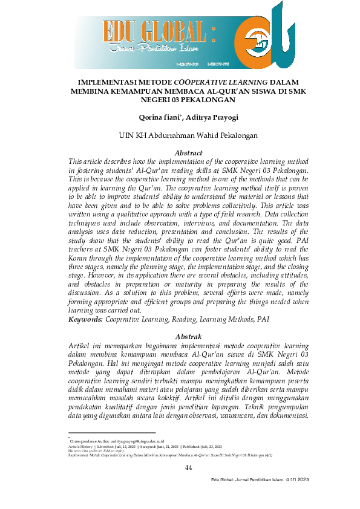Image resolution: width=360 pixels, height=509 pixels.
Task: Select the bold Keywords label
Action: [x=87, y=318]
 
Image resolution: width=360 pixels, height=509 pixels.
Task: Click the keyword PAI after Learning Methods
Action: [x=263, y=318]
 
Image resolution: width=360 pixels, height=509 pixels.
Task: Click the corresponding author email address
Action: [x=130, y=441]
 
